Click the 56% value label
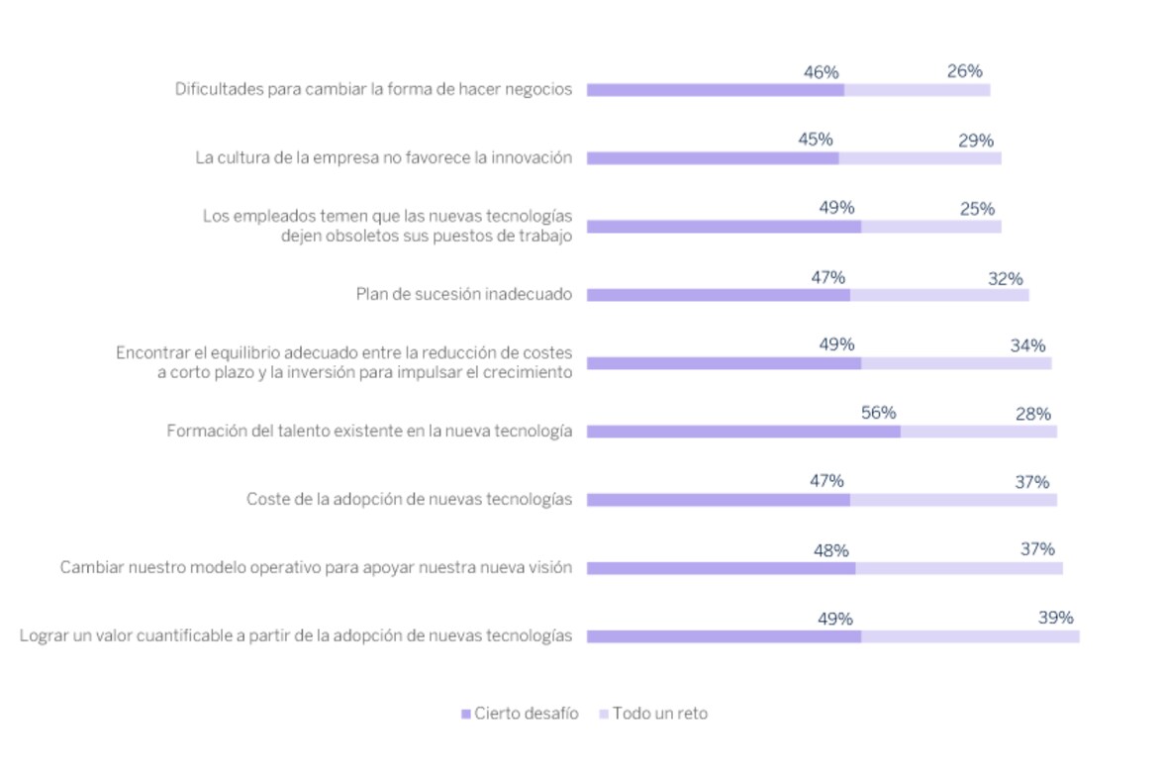point(878,413)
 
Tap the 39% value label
point(1055,618)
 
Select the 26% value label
point(964,71)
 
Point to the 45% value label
point(816,140)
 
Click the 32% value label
point(1005,279)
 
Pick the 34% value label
point(1027,345)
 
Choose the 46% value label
point(822,72)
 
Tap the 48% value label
point(830,550)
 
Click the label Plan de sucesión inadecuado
point(463,294)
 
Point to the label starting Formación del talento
point(369,432)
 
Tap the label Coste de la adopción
point(409,500)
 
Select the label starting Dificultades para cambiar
point(373,89)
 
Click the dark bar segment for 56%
point(743,432)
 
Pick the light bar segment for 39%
point(970,636)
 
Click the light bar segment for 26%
point(917,90)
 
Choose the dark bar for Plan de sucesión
point(718,295)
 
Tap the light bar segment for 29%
point(920,158)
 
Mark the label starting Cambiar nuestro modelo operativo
point(316,568)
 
